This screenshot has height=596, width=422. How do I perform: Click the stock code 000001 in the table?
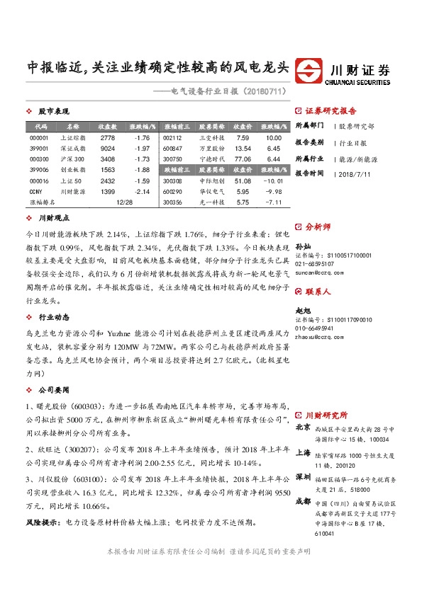39,138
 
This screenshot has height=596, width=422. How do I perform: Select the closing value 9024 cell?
108,149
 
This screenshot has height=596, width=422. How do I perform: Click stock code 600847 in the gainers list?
172,149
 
